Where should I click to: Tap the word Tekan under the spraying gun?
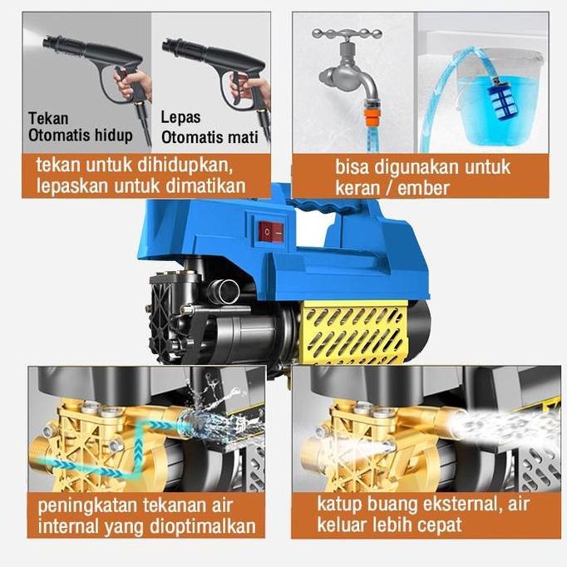point(47,118)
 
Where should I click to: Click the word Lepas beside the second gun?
point(180,118)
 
